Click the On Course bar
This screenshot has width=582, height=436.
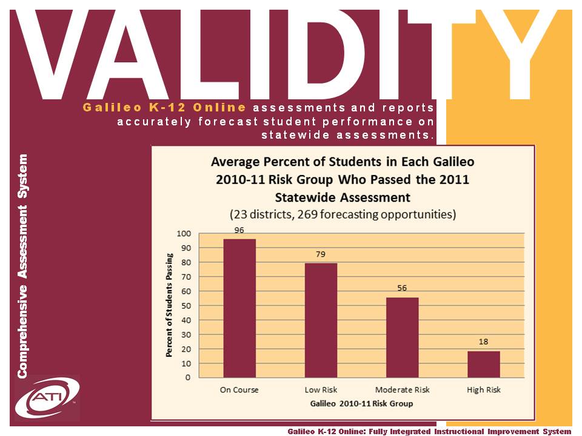[x=239, y=308]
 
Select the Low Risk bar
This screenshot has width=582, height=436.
[x=321, y=320]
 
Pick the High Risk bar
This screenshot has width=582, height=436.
[x=483, y=364]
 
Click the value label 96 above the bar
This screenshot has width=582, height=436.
[x=239, y=230]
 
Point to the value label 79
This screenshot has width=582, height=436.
[x=321, y=254]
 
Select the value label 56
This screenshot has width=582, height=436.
[x=402, y=288]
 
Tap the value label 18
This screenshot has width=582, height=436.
[x=483, y=342]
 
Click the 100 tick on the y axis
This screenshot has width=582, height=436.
[x=182, y=234]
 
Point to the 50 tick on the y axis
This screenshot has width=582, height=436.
[x=184, y=306]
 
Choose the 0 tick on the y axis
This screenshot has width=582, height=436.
[x=187, y=377]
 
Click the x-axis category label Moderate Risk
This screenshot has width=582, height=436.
[x=402, y=389]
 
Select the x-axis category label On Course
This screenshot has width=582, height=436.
[x=239, y=389]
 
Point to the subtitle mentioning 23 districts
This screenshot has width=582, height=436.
[x=342, y=214]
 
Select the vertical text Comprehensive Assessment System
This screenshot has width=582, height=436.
[x=22, y=266]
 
